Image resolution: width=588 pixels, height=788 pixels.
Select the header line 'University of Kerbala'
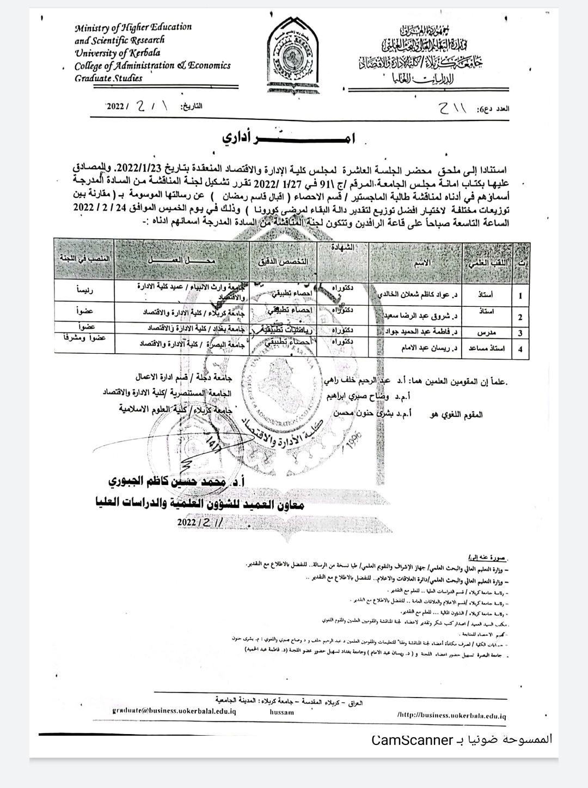[118, 53]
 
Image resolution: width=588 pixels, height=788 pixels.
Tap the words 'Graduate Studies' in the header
[109, 78]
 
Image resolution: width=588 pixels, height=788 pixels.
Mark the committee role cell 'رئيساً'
[85, 290]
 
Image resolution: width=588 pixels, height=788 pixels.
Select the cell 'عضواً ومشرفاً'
[85, 338]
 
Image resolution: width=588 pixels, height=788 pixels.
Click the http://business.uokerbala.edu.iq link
[451, 714]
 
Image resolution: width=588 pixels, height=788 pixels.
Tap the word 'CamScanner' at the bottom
[412, 740]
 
